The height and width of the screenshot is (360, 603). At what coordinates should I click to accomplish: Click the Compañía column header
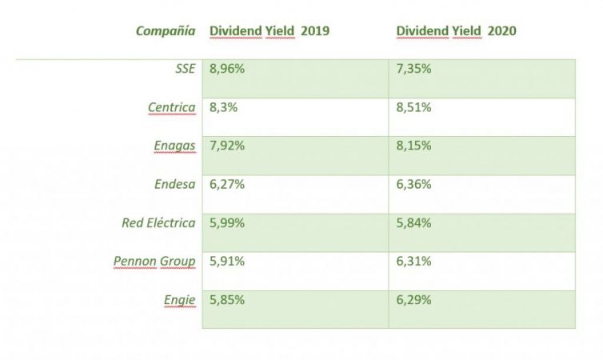165,31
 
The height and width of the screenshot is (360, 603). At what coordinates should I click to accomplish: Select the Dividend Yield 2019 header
270,31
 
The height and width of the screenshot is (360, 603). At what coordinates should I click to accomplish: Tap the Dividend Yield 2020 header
457,31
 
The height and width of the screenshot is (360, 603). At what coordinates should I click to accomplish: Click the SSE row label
185,69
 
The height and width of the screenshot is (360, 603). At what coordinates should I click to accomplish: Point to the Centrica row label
171,107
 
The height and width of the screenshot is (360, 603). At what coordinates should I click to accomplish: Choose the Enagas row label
174,146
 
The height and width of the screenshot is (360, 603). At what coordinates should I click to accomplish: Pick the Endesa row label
174,184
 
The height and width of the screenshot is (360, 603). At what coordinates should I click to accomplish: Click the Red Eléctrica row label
158,222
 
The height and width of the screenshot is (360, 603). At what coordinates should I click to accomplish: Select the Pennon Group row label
154,261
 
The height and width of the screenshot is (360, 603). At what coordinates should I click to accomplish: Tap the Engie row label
180,300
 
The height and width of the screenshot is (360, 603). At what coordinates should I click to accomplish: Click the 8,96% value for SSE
227,69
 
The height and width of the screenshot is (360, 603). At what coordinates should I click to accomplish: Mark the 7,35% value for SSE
414,69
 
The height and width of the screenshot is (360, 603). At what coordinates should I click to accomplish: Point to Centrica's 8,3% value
223,107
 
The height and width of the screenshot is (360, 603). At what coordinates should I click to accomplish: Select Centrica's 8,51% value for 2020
414,107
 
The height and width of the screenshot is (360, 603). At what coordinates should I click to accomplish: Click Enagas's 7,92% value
227,146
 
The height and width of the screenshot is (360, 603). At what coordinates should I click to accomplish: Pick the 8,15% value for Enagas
414,146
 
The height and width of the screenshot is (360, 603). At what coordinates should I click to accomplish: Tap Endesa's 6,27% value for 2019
227,184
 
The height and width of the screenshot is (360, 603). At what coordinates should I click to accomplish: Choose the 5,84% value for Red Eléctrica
414,222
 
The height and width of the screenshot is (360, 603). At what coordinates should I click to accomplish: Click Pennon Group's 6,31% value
414,261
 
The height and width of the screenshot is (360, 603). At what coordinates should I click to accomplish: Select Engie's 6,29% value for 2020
414,300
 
